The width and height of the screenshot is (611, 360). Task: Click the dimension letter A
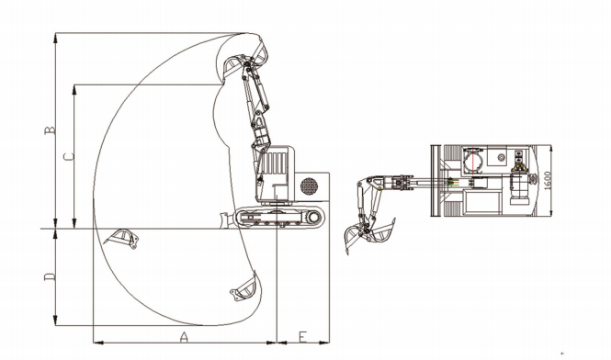pyautogui.click(x=184, y=337)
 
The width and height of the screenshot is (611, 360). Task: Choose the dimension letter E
pyautogui.click(x=302, y=337)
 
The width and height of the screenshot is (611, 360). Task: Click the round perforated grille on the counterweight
pyautogui.click(x=309, y=186)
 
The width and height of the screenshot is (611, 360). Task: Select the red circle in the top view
pyautogui.click(x=473, y=163)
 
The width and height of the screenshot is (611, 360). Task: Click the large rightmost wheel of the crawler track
pyautogui.click(x=315, y=217)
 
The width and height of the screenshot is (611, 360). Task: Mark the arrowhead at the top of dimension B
pyautogui.click(x=57, y=37)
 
